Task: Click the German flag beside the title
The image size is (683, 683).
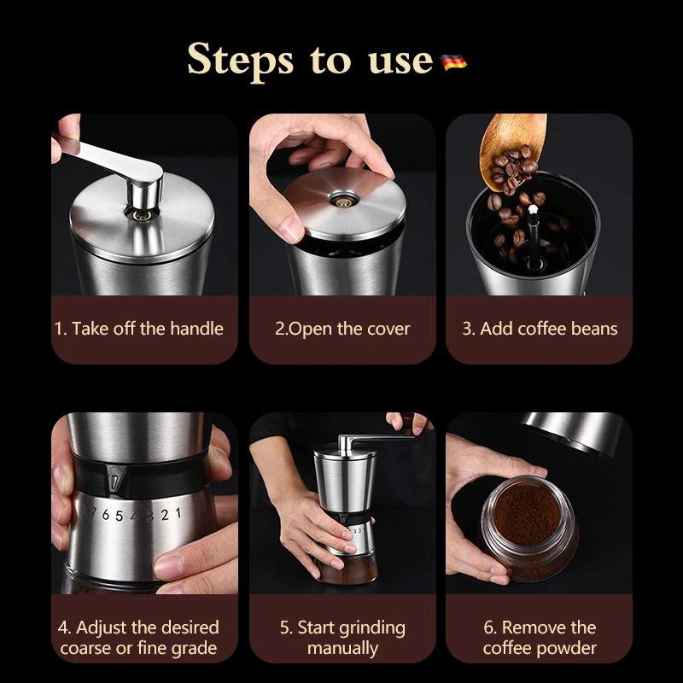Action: (453, 61)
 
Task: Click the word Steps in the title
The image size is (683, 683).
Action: (241, 60)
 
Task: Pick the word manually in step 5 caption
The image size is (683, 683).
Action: (343, 649)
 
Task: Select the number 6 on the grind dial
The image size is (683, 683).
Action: (105, 515)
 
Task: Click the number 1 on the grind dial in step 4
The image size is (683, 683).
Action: (178, 513)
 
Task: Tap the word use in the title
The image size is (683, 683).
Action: (400, 61)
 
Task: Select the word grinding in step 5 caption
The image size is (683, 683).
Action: (371, 628)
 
